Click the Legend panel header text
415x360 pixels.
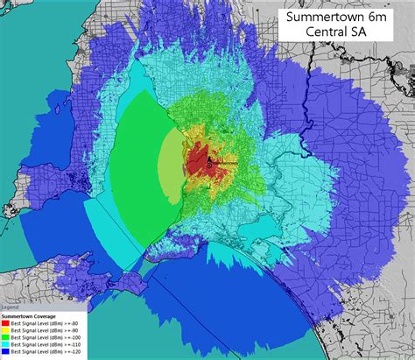(x=9, y=307)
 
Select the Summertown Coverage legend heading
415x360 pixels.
(x=29, y=315)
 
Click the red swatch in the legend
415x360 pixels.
(x=6, y=323)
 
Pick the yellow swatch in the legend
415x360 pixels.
(x=6, y=330)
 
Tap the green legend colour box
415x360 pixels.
(x=6, y=337)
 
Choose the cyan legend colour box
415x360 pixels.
(x=6, y=344)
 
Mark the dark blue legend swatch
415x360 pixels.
(x=6, y=351)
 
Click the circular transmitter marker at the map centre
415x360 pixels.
(x=208, y=164)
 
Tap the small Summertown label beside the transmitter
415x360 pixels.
(x=223, y=164)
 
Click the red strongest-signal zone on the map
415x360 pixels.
(x=198, y=162)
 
